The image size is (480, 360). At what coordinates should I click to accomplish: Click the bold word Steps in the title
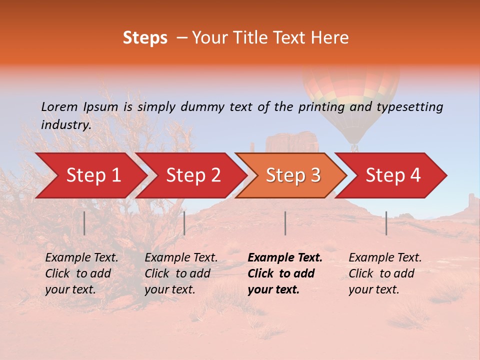pos(145,38)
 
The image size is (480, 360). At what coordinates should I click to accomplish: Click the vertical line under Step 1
pos(84,223)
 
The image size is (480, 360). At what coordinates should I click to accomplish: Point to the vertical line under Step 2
pos(184,223)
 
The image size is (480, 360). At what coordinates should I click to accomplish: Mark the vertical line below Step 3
pos(285,223)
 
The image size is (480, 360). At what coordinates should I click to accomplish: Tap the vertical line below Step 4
pos(386,223)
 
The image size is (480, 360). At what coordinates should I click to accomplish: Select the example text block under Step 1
pos(81,273)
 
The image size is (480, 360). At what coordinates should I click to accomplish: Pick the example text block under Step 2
pos(181,273)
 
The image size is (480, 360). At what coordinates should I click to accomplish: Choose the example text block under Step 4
pos(385,273)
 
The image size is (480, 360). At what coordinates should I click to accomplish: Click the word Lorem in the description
pos(59,107)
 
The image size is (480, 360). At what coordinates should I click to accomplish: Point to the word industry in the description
pos(66,125)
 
